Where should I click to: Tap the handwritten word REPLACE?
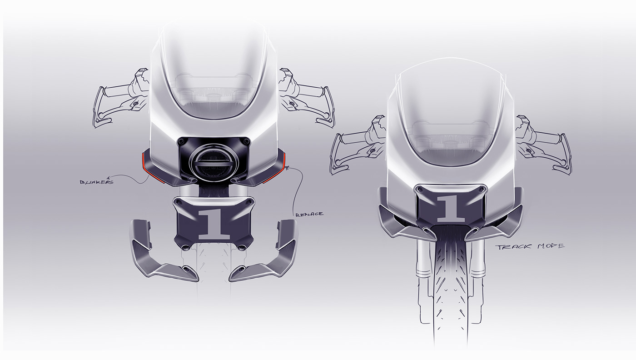(309, 214)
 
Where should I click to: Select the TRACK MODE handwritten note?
(530, 246)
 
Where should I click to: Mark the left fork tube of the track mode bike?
(421, 264)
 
